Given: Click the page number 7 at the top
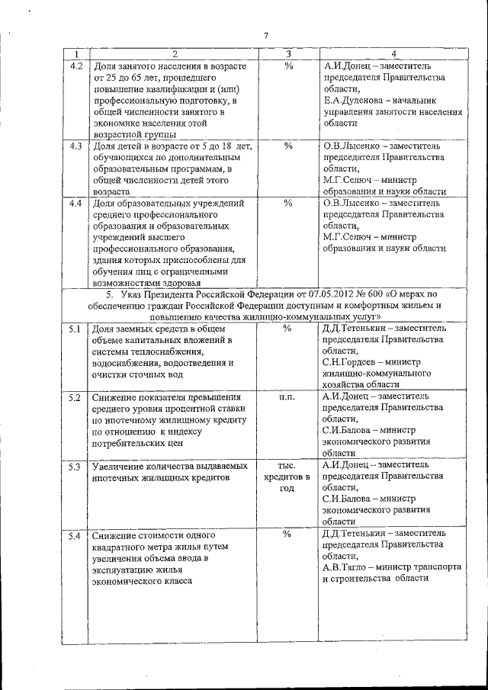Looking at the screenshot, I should (266, 35).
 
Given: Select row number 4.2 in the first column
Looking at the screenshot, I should (76, 66).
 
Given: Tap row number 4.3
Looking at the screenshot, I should (76, 145).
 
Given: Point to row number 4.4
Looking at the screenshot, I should (76, 204).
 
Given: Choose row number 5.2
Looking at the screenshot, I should (76, 397).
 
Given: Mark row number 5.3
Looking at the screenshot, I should (76, 466).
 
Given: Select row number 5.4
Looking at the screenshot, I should (76, 536).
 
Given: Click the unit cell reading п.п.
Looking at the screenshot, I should (287, 397).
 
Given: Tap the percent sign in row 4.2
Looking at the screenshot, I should (288, 66).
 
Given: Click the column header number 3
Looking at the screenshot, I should (288, 53).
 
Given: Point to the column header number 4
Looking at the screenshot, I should (393, 53).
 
